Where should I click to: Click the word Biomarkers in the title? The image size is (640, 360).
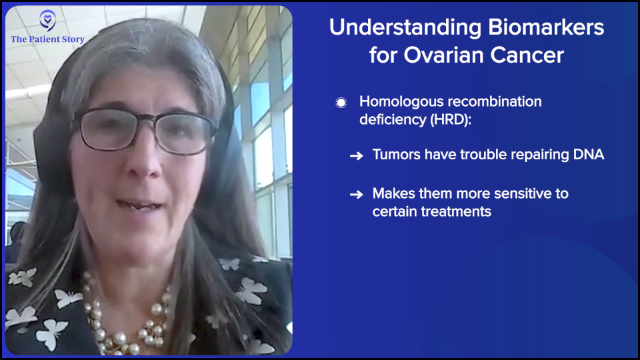click(546, 27)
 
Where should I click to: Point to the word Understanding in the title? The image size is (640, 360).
click(405, 28)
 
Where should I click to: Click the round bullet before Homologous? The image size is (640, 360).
click(341, 103)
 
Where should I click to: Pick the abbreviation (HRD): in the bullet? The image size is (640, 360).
click(451, 119)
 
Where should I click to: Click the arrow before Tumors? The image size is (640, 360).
click(356, 155)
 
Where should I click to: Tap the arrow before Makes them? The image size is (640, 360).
click(356, 194)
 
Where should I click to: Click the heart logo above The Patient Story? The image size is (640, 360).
click(48, 20)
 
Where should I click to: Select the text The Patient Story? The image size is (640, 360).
click(48, 39)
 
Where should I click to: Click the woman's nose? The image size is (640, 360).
click(142, 163)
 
